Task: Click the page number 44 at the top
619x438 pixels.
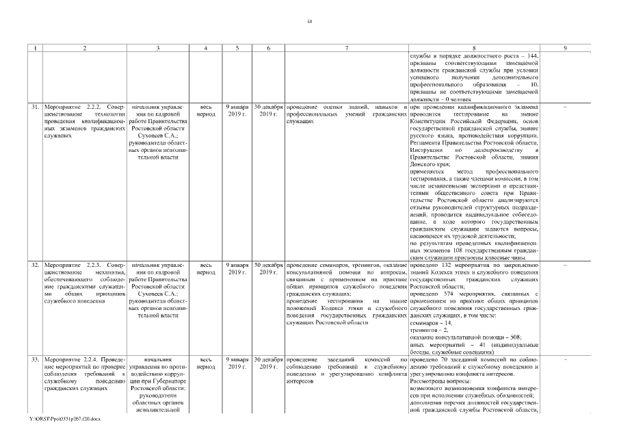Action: click(309, 22)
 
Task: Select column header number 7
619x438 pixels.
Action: click(347, 48)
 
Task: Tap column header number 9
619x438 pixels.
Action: click(565, 48)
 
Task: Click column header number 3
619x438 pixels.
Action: click(157, 48)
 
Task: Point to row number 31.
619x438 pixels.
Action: click(34, 108)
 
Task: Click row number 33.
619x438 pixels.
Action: click(34, 359)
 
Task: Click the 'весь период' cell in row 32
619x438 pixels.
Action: click(206, 268)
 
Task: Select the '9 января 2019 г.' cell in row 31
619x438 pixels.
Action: click(237, 112)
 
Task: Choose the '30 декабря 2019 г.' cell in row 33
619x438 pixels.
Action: click(268, 363)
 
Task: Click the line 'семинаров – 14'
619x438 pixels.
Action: click(431, 322)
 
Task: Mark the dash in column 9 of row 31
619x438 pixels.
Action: click(565, 108)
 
